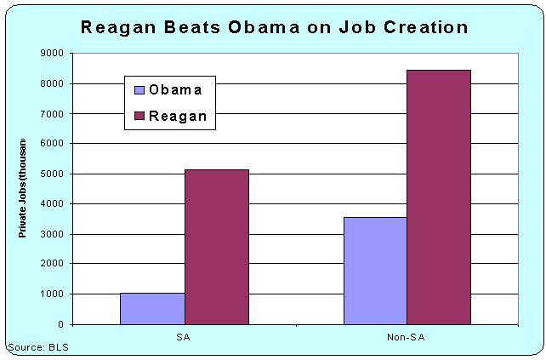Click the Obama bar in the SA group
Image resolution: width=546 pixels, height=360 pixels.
click(x=152, y=308)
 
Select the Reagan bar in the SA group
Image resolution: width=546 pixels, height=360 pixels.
click(x=216, y=247)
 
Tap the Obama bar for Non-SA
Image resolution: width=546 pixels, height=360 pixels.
click(x=375, y=271)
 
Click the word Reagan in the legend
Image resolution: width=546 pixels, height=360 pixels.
click(x=178, y=116)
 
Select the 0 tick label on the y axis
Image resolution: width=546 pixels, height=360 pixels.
click(x=60, y=324)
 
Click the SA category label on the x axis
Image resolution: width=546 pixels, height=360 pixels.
click(x=185, y=337)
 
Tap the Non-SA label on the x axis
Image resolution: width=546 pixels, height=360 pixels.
click(x=407, y=337)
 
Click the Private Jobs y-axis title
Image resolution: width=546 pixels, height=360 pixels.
click(x=23, y=187)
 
